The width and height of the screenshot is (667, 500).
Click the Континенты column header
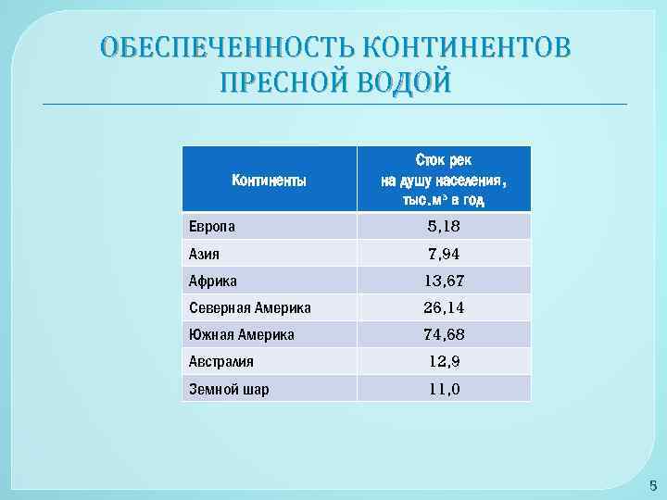click(269, 180)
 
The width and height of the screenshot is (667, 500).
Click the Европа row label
click(212, 226)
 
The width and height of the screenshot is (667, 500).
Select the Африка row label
click(213, 281)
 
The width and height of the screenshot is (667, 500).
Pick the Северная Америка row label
click(250, 307)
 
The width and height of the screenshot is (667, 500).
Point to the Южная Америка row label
click(242, 334)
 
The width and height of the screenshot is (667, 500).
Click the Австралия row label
click(221, 362)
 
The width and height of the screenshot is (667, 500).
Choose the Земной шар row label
click(229, 389)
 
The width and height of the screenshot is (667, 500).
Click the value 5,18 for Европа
click(444, 226)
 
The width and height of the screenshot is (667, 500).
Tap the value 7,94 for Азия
click(444, 253)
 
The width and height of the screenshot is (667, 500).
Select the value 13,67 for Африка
click(444, 281)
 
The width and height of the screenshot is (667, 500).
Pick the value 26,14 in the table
click(444, 307)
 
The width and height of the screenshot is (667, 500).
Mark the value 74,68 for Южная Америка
click(444, 334)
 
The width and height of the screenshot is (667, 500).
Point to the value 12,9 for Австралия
click(444, 362)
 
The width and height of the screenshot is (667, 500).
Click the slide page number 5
click(652, 484)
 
